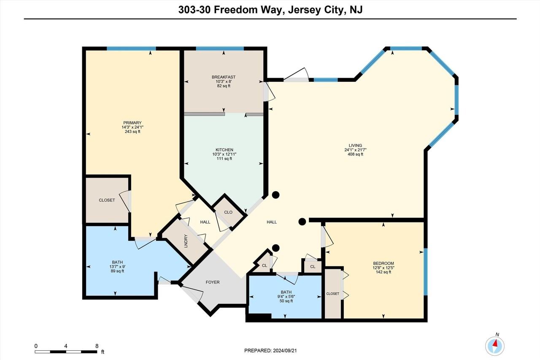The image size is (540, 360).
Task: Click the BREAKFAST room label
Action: [224, 77]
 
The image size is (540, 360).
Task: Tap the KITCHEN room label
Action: [224, 150]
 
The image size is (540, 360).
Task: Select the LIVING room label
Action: [355, 146]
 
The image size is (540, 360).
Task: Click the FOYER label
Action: [213, 282]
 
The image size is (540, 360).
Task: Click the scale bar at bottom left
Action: [66, 352]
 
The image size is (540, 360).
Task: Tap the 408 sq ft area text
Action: [355, 154]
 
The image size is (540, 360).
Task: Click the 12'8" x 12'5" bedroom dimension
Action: [383, 267]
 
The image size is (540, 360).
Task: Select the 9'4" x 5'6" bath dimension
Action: [286, 297]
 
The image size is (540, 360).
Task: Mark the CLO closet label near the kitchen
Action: [228, 212]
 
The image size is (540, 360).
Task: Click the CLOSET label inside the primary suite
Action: [107, 200]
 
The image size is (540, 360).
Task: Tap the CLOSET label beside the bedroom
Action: [332, 294]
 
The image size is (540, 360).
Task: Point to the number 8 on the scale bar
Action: [97, 346]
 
